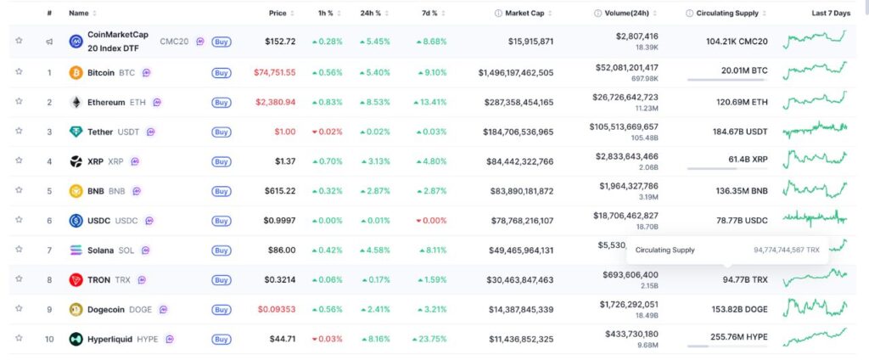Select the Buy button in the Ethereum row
tap(221, 103)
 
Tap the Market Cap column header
tap(527, 14)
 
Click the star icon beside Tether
tap(19, 132)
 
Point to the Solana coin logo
tap(76, 250)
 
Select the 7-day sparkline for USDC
tap(815, 220)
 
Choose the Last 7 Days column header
tap(830, 14)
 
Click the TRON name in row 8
tap(100, 279)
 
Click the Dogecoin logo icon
tap(76, 310)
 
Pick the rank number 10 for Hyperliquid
tap(49, 339)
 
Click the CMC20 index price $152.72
tap(280, 41)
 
